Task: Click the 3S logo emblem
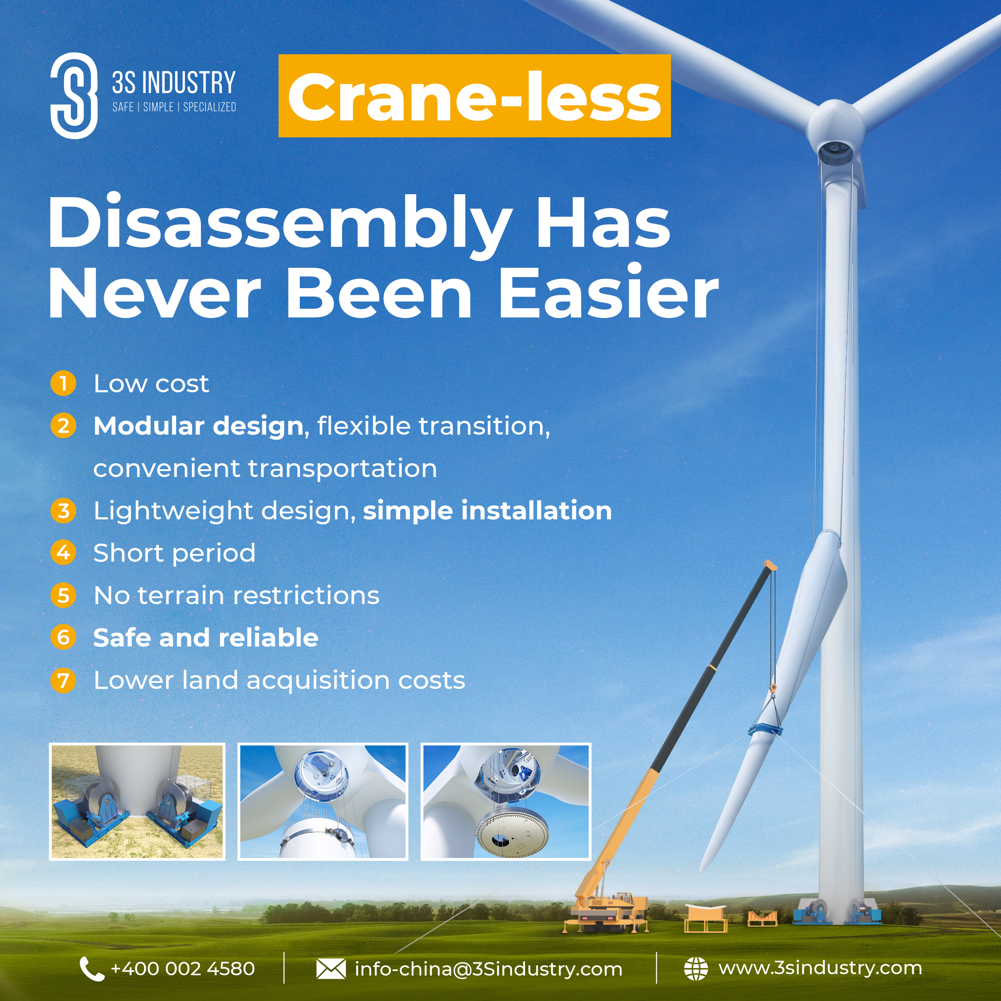(74, 95)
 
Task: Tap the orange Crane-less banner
(475, 96)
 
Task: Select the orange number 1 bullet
(63, 383)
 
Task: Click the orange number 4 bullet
(63, 553)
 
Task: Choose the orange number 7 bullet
(63, 680)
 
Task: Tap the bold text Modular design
(198, 427)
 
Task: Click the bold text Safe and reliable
(206, 638)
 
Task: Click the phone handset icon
(92, 969)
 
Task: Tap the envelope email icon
(330, 969)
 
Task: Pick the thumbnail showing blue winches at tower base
(137, 802)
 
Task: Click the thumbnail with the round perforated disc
(506, 802)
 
